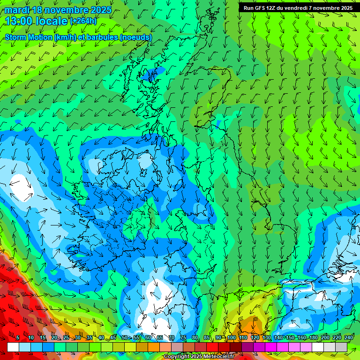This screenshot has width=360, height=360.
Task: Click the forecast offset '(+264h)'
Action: tap(83, 21)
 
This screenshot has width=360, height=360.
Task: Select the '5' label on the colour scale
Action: tap(18, 337)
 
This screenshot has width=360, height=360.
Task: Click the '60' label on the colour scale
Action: tap(148, 337)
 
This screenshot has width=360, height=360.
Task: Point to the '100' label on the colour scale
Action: tap(232, 337)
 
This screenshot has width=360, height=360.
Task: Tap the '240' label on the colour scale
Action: tap(349, 337)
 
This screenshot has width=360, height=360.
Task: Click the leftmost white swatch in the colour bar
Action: tap(13, 347)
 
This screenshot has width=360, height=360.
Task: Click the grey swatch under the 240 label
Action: tap(341, 347)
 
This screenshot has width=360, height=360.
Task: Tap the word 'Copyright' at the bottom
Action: tap(178, 357)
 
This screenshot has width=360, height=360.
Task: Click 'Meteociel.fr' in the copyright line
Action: tap(217, 357)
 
